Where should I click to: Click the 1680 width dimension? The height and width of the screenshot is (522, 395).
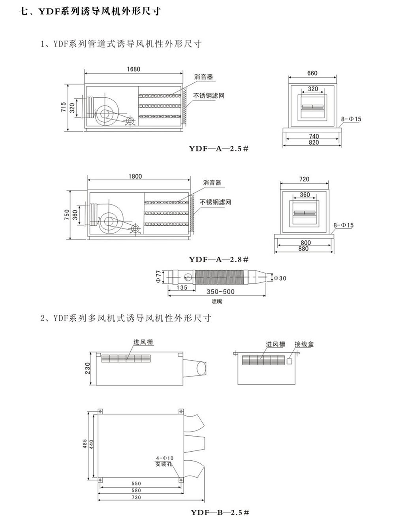pos(134,69)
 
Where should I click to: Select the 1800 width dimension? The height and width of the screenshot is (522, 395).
pos(135,176)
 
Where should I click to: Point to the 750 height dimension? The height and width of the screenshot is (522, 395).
pos(66,215)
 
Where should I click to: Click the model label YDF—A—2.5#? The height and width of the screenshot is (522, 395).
pos(218,149)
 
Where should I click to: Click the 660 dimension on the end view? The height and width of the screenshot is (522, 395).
pos(312,73)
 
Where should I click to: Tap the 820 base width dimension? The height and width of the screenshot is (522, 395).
pos(314,142)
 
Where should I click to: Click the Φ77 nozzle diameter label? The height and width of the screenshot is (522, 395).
pos(158,275)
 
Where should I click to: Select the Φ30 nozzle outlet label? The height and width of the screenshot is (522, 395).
pos(280,278)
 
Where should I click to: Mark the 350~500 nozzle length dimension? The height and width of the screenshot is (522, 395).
pos(221,292)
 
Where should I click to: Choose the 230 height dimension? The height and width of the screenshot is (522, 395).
pos(88,368)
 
